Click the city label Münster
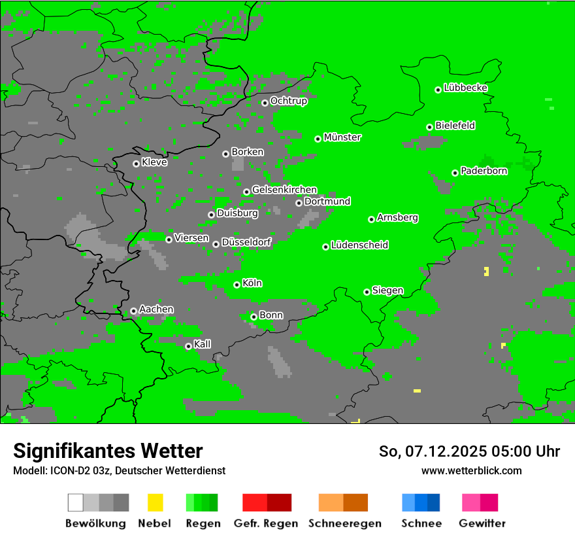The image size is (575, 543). [342, 137]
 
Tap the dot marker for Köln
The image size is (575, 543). [237, 285]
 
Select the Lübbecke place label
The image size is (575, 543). [465, 88]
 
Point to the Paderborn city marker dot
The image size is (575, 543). [455, 173]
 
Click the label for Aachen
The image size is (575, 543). [156, 309]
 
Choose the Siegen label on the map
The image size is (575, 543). [387, 290]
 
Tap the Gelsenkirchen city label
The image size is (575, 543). [284, 190]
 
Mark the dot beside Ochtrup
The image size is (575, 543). [265, 103]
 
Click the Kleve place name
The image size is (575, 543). [154, 162]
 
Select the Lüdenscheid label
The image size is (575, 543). [359, 245]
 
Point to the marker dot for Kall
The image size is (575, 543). [188, 347]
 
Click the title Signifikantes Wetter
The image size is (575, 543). [108, 451]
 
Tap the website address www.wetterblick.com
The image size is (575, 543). [471, 470]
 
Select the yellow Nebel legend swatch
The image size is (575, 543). [155, 502]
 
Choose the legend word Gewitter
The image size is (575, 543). [482, 523]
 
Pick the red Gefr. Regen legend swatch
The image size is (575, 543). [267, 502]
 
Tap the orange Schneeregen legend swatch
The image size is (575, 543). [343, 502]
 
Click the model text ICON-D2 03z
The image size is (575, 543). [80, 470]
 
